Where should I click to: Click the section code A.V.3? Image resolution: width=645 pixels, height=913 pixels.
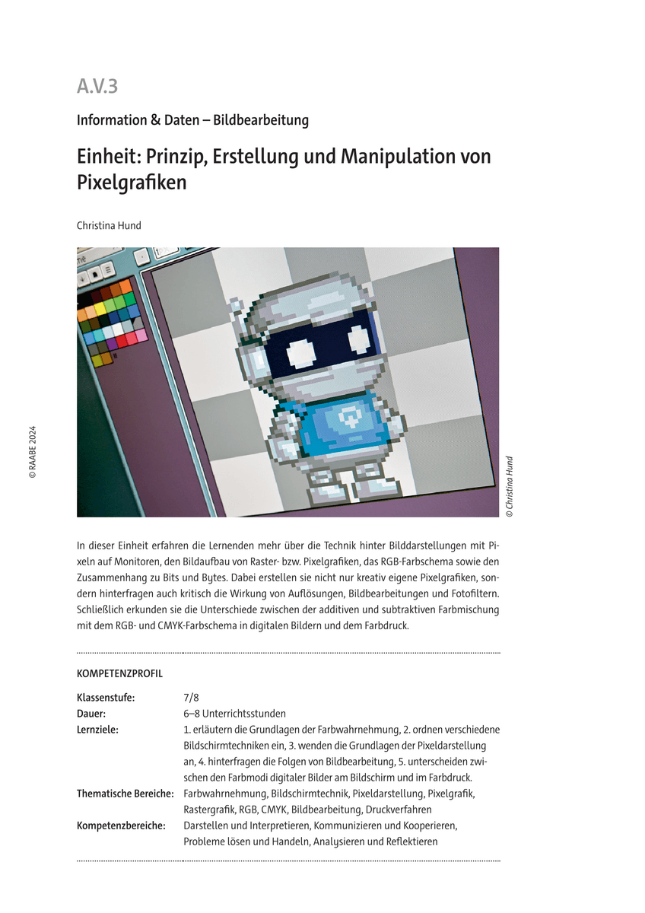[x=97, y=87]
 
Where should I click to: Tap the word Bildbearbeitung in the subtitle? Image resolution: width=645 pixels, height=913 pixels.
[x=261, y=120]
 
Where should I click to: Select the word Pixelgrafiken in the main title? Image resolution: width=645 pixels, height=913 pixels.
[x=132, y=183]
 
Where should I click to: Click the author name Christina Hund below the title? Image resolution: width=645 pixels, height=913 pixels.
[x=109, y=225]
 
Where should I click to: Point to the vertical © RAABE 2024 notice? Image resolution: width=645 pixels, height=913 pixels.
[x=33, y=450]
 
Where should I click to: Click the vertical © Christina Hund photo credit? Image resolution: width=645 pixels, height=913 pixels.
[x=510, y=487]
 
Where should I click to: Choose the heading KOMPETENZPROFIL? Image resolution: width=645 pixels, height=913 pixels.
[x=119, y=674]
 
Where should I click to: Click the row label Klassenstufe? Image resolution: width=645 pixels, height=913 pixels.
[x=106, y=698]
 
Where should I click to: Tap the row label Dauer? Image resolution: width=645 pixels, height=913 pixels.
[x=91, y=714]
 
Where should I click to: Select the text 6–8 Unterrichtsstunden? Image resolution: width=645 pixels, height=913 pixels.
[x=234, y=714]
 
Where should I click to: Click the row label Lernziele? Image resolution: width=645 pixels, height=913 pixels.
[x=98, y=730]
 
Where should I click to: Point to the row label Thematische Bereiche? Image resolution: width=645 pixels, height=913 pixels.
[x=126, y=794]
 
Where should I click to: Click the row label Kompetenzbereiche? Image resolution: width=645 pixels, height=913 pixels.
[x=121, y=826]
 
